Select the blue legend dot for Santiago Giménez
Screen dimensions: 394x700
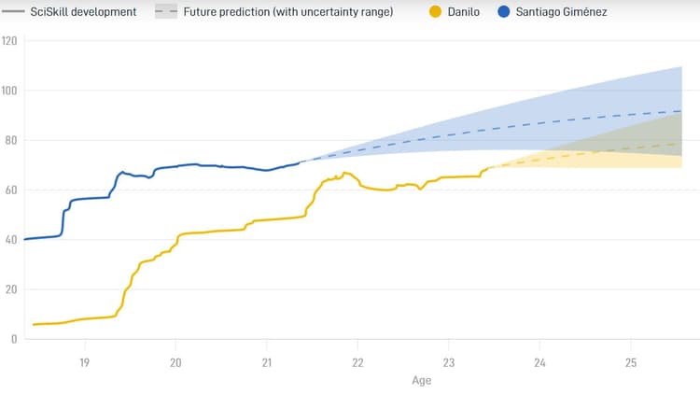(504, 12)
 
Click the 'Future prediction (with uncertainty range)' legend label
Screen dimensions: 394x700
(287, 12)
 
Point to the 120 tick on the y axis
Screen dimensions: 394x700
(10, 41)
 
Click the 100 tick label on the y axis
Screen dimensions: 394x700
(10, 91)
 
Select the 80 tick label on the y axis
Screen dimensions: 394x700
(10, 140)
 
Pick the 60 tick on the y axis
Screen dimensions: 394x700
(10, 190)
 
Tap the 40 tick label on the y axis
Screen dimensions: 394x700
(10, 240)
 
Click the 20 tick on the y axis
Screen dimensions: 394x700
(10, 289)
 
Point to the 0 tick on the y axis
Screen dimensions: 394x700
(13, 339)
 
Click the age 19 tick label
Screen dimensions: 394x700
(84, 363)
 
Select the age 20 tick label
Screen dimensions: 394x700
(175, 363)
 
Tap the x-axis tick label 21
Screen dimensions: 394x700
(266, 363)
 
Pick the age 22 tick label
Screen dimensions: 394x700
(357, 363)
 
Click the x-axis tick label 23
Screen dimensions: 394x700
(448, 363)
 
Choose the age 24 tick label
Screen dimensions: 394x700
(539, 363)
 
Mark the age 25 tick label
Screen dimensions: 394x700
(630, 363)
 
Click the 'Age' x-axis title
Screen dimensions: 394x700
(422, 381)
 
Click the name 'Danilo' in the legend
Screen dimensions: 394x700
(464, 12)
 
